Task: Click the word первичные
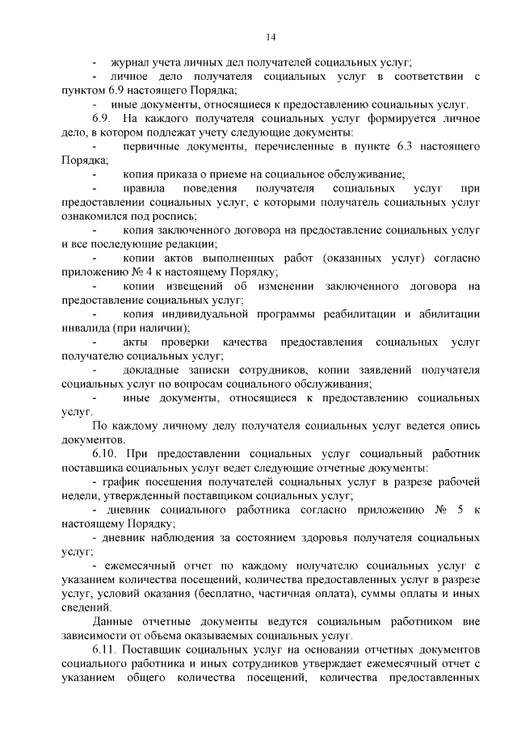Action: click(x=153, y=146)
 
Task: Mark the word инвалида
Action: click(x=86, y=328)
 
